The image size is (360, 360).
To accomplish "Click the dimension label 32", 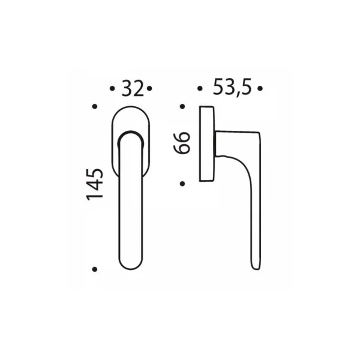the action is pos(133,88).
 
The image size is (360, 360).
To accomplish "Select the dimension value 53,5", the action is pos(232,87).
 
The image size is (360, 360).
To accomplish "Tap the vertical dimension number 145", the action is pos(94,185).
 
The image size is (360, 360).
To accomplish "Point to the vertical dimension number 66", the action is pos(182,143).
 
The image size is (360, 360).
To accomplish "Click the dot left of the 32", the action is pos(112,88).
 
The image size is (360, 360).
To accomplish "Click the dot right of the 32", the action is pos(149,88).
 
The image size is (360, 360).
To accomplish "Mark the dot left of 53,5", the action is pos(200,88).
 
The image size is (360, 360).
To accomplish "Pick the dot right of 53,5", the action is pos(260,88).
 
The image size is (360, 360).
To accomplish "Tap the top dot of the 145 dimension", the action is pos(95,106).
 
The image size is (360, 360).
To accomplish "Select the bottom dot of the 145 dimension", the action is pos(95,269).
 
